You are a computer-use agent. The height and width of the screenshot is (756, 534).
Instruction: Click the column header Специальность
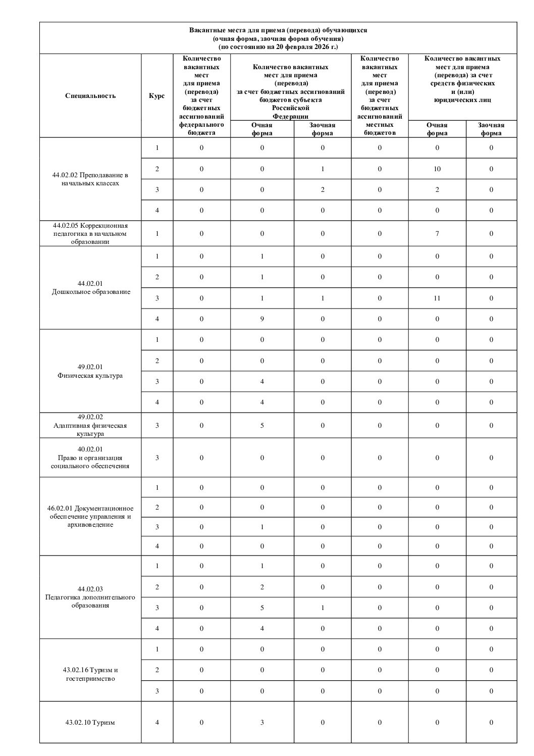(90, 96)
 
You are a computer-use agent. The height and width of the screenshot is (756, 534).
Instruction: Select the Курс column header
(157, 96)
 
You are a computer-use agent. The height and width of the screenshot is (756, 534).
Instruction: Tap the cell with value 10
(437, 169)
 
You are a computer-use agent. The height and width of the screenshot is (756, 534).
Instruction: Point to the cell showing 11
(437, 298)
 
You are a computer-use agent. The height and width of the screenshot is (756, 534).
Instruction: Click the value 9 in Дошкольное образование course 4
(262, 319)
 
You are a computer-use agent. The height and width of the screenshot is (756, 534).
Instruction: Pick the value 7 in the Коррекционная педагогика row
(437, 234)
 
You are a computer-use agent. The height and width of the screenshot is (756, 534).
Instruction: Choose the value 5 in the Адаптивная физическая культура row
(262, 426)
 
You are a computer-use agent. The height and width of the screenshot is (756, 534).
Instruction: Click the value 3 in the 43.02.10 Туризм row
(262, 723)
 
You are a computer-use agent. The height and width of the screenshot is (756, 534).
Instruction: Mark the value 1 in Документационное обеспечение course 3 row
(262, 527)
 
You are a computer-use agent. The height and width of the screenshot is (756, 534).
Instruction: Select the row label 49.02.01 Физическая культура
(90, 371)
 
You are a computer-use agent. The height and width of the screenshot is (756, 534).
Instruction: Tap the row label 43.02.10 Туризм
(90, 723)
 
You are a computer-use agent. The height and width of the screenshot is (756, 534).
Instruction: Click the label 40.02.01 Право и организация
(90, 458)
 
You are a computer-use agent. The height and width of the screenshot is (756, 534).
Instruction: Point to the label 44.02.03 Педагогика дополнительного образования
(90, 597)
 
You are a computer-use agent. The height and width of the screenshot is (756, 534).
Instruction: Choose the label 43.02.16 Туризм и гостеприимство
(90, 674)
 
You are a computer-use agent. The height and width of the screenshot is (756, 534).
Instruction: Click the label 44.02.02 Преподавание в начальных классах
(90, 179)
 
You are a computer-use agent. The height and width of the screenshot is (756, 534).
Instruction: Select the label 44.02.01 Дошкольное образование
(90, 288)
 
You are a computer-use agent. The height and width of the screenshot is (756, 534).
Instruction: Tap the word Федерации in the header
(291, 116)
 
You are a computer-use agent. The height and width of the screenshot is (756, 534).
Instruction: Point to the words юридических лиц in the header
(462, 100)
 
